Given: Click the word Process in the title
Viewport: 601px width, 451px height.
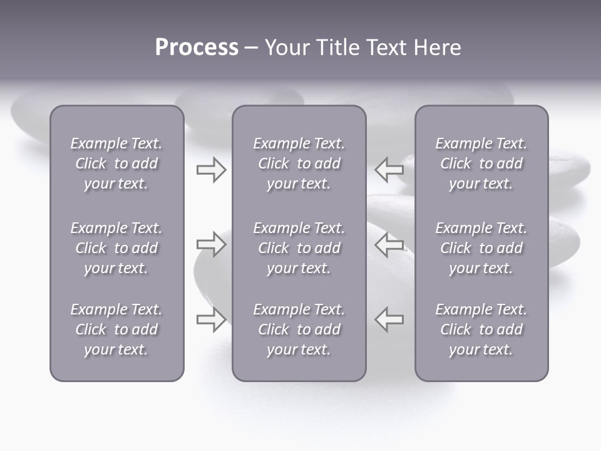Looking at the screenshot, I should point(197,48).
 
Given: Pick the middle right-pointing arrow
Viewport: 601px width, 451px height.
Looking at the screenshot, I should point(212,244).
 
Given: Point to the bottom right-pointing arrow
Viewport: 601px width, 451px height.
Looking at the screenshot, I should point(212,319).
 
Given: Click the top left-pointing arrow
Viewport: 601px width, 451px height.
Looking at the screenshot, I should point(389,169).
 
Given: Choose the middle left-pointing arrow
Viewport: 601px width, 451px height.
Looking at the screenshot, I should point(389,244).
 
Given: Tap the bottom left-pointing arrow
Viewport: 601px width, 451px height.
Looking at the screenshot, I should point(389,319).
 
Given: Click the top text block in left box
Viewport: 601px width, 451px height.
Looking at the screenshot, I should point(116,163).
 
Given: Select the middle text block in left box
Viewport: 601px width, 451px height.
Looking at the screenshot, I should point(116,248).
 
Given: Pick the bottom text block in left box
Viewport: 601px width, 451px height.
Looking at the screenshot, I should point(116,329).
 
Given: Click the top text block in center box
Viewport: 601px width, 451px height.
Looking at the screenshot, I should point(299,163).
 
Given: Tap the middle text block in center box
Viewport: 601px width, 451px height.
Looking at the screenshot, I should point(299,248).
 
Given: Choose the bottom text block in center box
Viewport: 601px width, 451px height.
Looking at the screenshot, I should point(299,329).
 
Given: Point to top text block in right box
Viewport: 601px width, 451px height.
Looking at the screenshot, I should point(481,163).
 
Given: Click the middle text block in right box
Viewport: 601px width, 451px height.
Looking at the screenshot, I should point(481,248).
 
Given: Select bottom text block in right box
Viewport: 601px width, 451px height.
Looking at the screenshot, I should point(481,329).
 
